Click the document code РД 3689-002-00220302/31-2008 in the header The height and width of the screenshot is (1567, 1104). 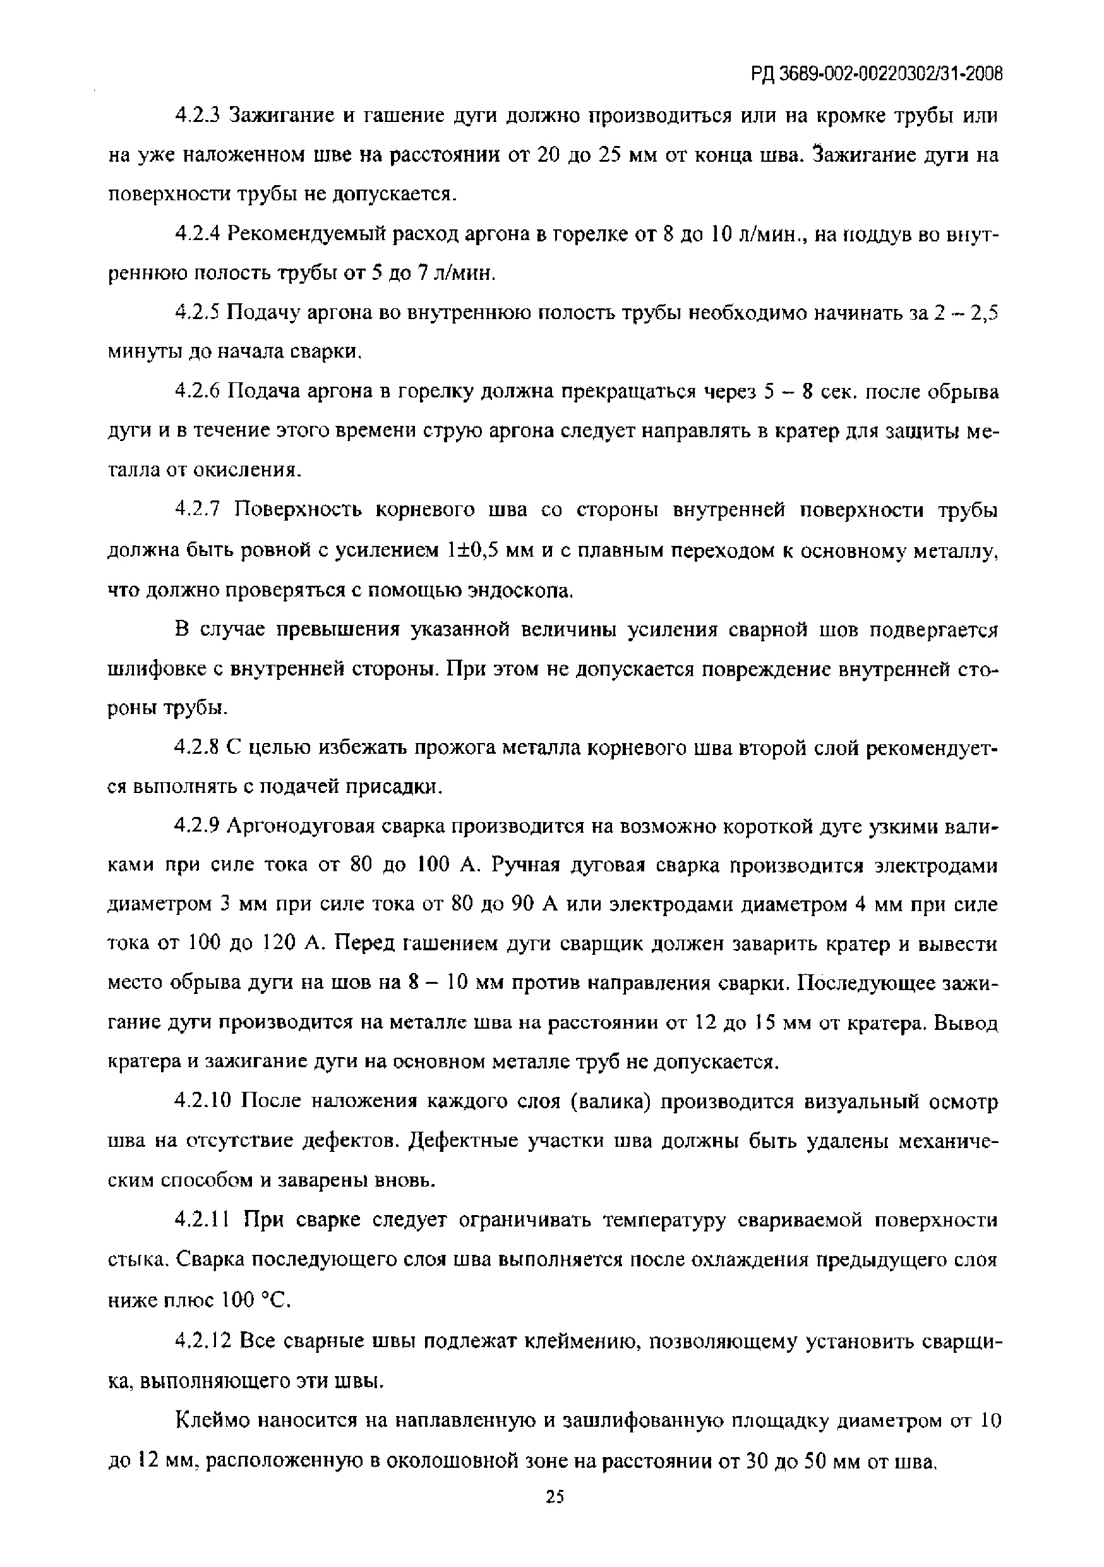pos(876,74)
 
